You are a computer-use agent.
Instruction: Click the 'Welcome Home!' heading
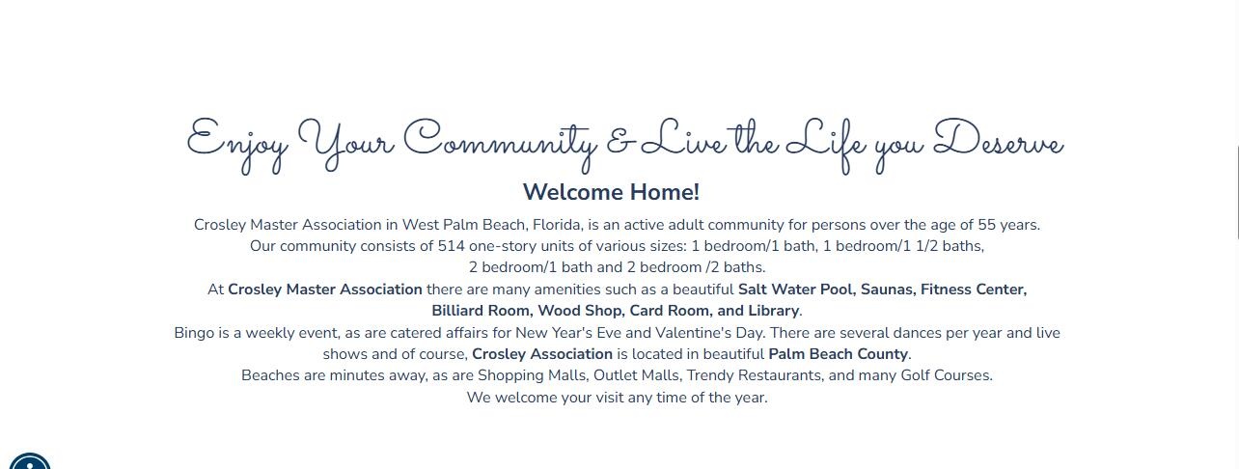tap(611, 192)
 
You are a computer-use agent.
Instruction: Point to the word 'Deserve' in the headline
tap(999, 138)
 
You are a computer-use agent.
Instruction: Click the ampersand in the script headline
tap(620, 143)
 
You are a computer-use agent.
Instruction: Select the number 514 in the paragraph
tap(452, 245)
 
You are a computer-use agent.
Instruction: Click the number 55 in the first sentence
tap(986, 225)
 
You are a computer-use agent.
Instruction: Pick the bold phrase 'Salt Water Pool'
tap(795, 290)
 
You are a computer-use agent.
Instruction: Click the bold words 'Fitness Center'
tap(974, 290)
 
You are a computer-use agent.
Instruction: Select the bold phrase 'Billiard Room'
tap(482, 311)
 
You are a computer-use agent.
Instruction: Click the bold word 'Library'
tap(773, 311)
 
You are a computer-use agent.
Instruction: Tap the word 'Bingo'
tap(194, 333)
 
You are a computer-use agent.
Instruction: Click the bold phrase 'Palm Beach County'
tap(839, 354)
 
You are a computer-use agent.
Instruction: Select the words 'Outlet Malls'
tap(636, 375)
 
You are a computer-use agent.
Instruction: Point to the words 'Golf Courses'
tap(947, 375)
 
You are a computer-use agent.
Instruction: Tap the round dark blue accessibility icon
tap(30, 461)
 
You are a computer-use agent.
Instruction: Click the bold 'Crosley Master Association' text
tap(324, 290)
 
